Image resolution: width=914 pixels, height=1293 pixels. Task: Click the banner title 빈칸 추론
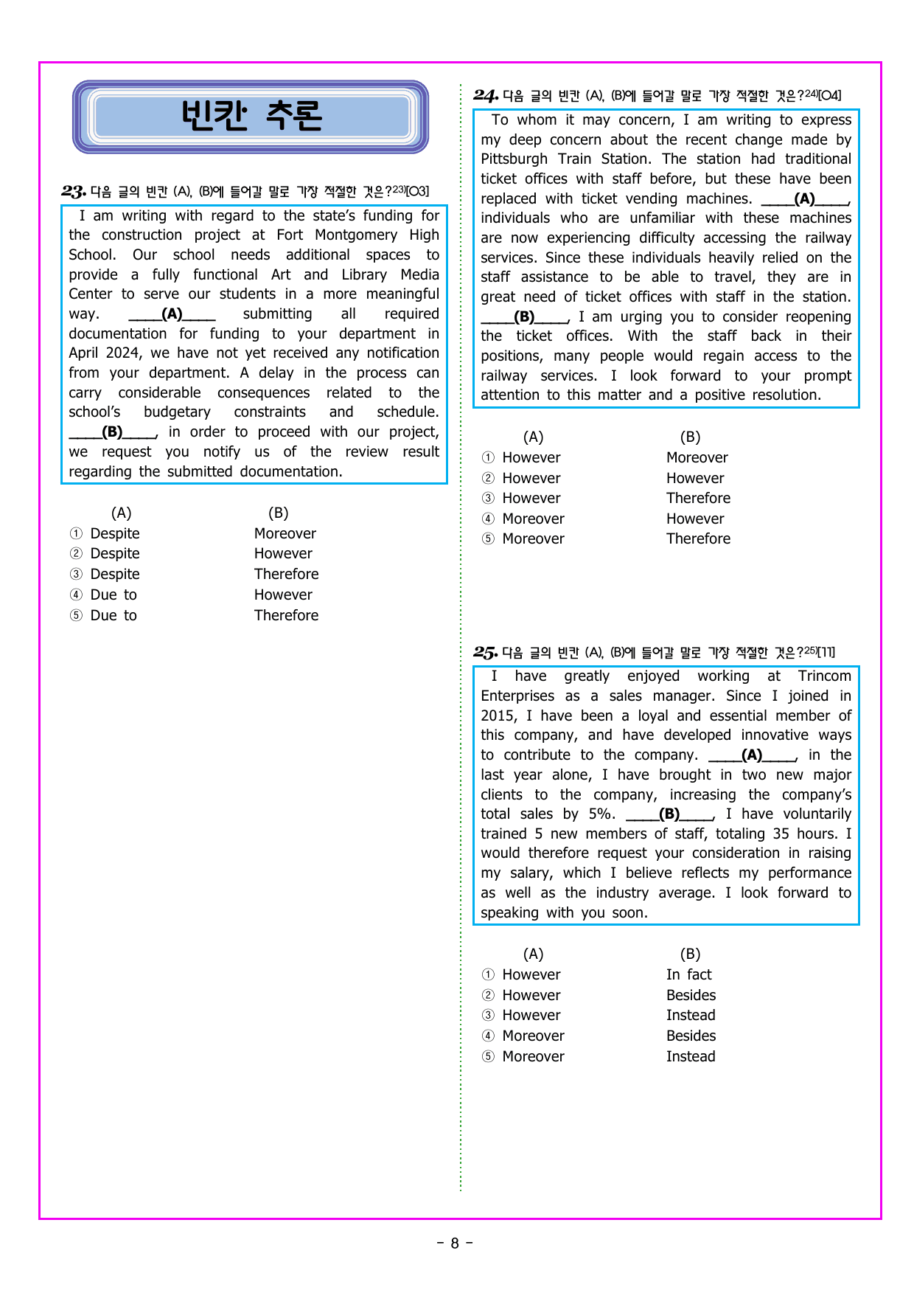(x=251, y=116)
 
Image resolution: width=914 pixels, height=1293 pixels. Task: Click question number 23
(x=74, y=192)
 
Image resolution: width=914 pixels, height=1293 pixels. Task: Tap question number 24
(x=486, y=95)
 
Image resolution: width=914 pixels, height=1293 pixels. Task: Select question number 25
(x=486, y=652)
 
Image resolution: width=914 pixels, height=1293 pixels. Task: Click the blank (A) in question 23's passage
(x=172, y=314)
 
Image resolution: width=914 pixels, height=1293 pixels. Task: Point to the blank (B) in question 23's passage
(x=113, y=432)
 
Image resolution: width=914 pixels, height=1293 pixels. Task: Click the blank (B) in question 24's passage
(x=524, y=317)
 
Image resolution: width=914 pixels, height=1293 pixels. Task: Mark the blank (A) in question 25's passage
(x=752, y=755)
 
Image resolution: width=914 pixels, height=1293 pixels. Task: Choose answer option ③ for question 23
(x=76, y=575)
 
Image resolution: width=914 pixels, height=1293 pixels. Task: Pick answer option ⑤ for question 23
(x=76, y=616)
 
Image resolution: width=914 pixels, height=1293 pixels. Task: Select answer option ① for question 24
(x=488, y=458)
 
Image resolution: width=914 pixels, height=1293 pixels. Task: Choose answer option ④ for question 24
(x=488, y=519)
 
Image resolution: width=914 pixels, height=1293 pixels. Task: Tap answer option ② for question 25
(x=488, y=996)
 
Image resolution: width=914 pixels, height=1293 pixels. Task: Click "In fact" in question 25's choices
(x=688, y=975)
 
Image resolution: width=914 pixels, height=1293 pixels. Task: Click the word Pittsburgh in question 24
(x=514, y=159)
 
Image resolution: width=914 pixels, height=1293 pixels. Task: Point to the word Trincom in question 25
(x=824, y=676)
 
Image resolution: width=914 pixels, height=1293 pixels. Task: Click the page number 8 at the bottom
(x=455, y=1244)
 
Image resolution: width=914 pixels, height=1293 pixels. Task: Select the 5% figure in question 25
(x=601, y=814)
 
